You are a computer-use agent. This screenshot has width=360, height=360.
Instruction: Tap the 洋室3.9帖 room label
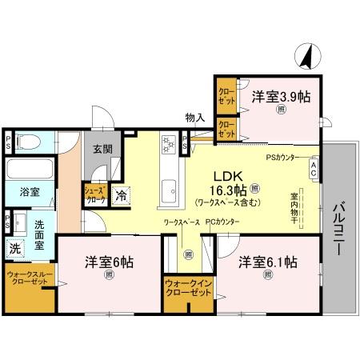[281, 97]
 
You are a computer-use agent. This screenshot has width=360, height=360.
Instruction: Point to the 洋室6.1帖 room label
[267, 262]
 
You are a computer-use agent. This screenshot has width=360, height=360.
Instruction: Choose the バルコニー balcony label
[338, 228]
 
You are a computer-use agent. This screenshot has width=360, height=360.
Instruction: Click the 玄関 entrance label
[101, 149]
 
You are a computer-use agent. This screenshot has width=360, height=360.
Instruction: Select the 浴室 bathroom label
[20, 193]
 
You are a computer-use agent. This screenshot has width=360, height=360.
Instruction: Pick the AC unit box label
[314, 170]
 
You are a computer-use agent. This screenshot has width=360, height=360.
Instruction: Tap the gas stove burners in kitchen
[170, 145]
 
